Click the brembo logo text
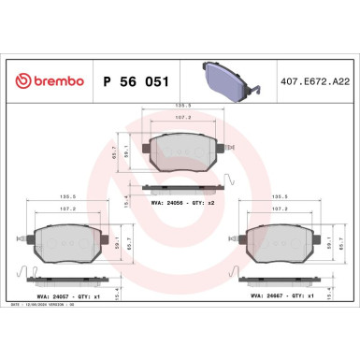coord(48,81)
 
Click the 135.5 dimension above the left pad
coord(67,197)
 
